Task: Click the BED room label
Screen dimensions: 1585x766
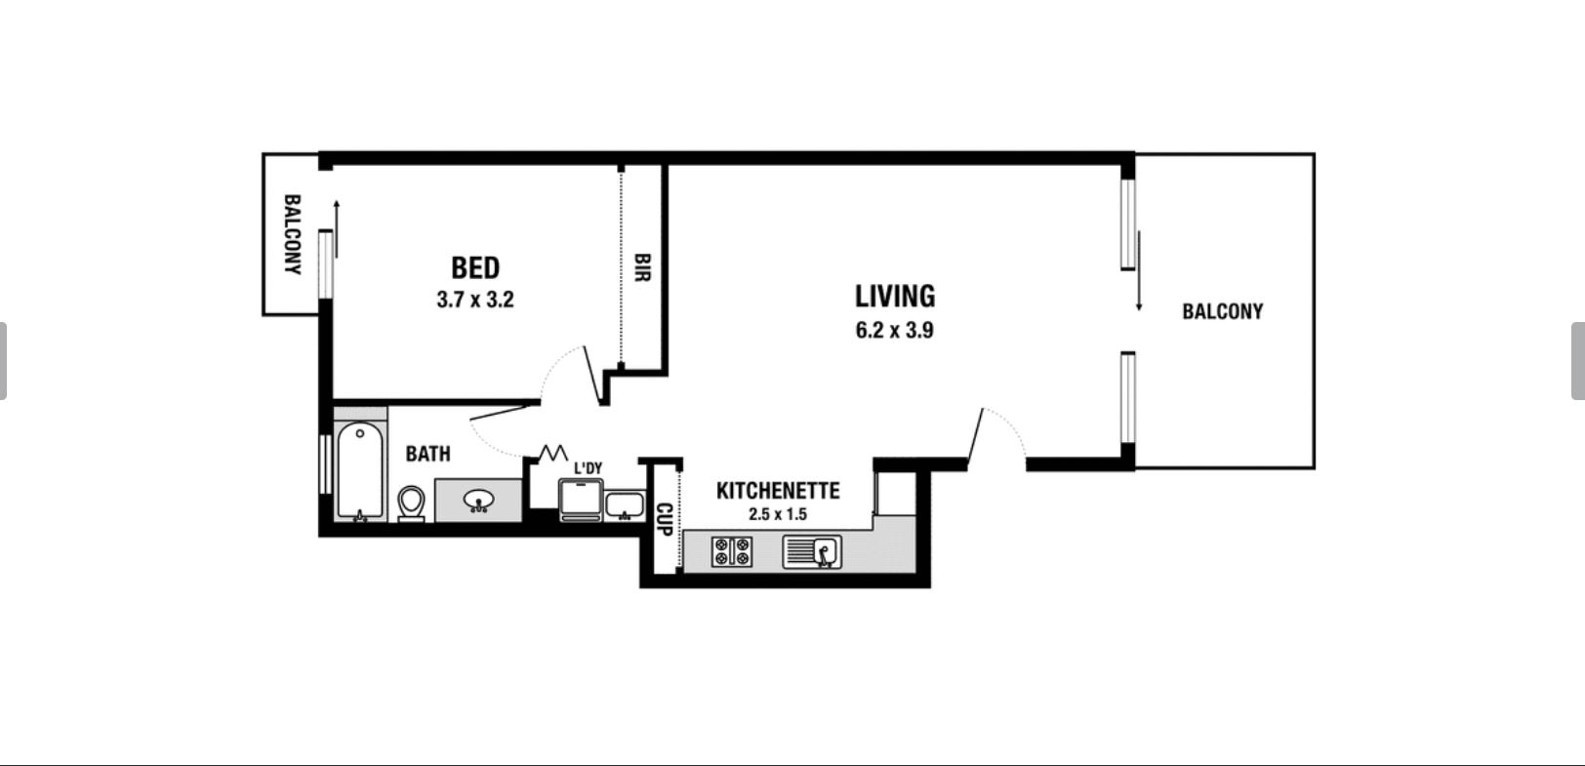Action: pyautogui.click(x=475, y=268)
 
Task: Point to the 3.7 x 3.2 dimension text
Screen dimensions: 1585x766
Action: pyautogui.click(x=475, y=300)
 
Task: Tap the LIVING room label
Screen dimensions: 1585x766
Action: pyautogui.click(x=895, y=297)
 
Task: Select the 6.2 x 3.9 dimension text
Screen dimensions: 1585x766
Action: pyautogui.click(x=894, y=330)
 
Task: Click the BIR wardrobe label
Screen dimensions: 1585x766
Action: pyautogui.click(x=642, y=268)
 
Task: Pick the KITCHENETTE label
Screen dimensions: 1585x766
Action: pyautogui.click(x=778, y=491)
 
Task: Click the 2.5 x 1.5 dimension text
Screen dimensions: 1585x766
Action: pyautogui.click(x=778, y=514)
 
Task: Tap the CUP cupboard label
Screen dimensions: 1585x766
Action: pyautogui.click(x=664, y=519)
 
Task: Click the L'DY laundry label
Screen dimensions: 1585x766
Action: pyautogui.click(x=588, y=468)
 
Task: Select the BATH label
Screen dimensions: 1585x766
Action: pyautogui.click(x=428, y=454)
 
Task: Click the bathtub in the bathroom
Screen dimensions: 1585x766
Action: pyautogui.click(x=360, y=471)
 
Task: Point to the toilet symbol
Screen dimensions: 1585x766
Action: pyautogui.click(x=411, y=504)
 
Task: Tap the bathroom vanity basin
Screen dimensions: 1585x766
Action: pyautogui.click(x=479, y=501)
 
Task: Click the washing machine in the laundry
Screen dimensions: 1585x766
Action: pyautogui.click(x=581, y=500)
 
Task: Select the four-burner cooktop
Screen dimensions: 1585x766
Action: pyautogui.click(x=732, y=551)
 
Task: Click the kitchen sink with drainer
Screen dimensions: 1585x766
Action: pyautogui.click(x=812, y=551)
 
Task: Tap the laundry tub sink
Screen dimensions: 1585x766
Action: pyautogui.click(x=625, y=505)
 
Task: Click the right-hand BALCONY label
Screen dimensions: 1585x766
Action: pyautogui.click(x=1223, y=311)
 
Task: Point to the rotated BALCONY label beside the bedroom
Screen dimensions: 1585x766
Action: pyautogui.click(x=292, y=234)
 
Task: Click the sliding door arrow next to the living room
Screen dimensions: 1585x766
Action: pyautogui.click(x=1139, y=271)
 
